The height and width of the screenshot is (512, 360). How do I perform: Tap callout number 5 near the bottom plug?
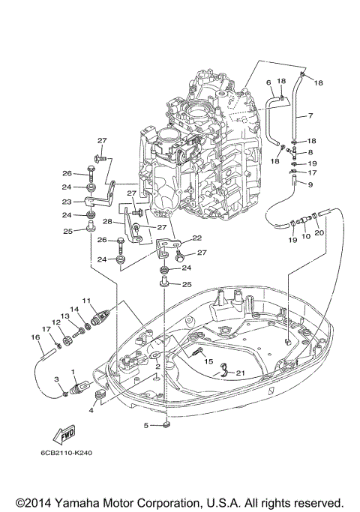(x=148, y=425)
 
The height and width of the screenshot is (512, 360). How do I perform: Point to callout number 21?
(x=240, y=373)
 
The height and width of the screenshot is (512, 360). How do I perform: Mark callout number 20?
(x=319, y=232)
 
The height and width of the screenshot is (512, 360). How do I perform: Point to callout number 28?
(x=108, y=222)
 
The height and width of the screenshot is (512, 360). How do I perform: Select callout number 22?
(x=197, y=238)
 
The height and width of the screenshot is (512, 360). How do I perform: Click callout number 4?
(x=92, y=410)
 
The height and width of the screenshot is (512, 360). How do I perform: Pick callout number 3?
(x=55, y=381)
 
